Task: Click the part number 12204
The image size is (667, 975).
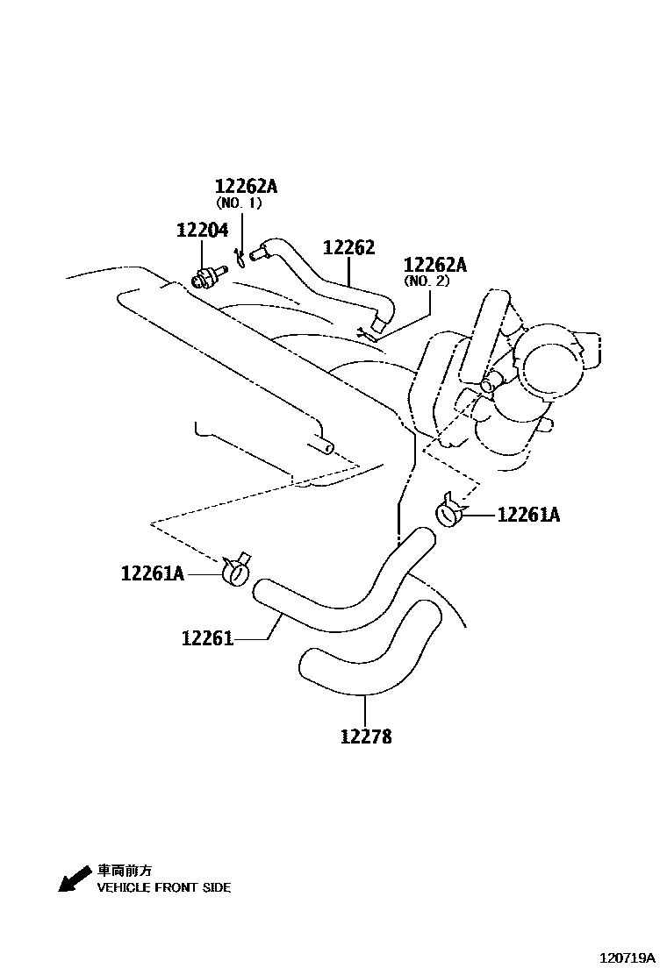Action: tap(202, 231)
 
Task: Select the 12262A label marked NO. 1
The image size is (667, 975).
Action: tap(246, 186)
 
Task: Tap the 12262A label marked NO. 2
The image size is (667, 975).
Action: tap(434, 265)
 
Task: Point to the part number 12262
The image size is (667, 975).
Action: tap(348, 248)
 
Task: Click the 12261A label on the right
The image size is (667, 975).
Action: tap(528, 515)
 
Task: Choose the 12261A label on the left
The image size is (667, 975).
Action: tap(153, 573)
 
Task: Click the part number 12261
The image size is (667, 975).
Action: tap(207, 638)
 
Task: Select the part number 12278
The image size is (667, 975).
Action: tap(366, 737)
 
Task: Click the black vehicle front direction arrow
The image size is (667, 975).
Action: tap(74, 879)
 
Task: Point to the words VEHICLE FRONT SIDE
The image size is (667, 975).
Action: tap(163, 887)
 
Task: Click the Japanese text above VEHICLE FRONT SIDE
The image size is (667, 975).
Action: tap(124, 871)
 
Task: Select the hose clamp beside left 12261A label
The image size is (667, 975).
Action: tap(236, 572)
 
